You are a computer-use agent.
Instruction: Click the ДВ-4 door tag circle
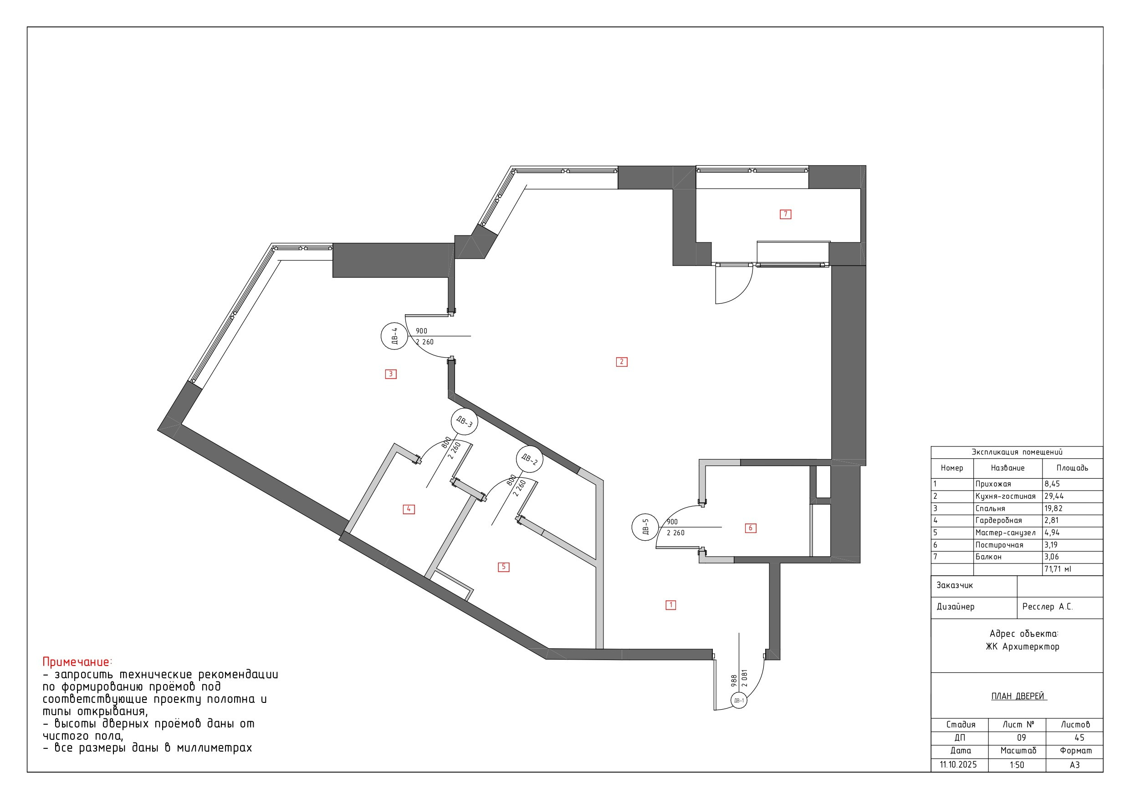(x=394, y=336)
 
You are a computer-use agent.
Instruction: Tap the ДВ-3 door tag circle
(x=464, y=421)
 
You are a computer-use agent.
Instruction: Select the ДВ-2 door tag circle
(x=529, y=459)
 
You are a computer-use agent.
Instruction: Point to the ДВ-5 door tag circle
(x=645, y=527)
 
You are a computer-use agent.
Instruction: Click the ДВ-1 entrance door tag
(x=739, y=700)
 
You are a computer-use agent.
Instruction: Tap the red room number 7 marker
(x=786, y=214)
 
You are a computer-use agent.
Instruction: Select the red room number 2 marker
(x=622, y=362)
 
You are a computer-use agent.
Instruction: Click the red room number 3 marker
(x=391, y=374)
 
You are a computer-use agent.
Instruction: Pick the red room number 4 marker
(x=409, y=509)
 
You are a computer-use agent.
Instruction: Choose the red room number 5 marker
(x=503, y=567)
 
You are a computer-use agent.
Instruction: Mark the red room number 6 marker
(x=751, y=528)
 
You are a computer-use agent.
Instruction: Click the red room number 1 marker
(x=671, y=604)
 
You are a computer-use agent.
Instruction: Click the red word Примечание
(x=76, y=661)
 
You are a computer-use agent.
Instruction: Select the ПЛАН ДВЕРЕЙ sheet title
(x=1018, y=696)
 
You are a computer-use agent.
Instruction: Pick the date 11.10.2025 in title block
(x=958, y=764)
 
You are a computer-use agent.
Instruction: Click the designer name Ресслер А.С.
(x=1047, y=606)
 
